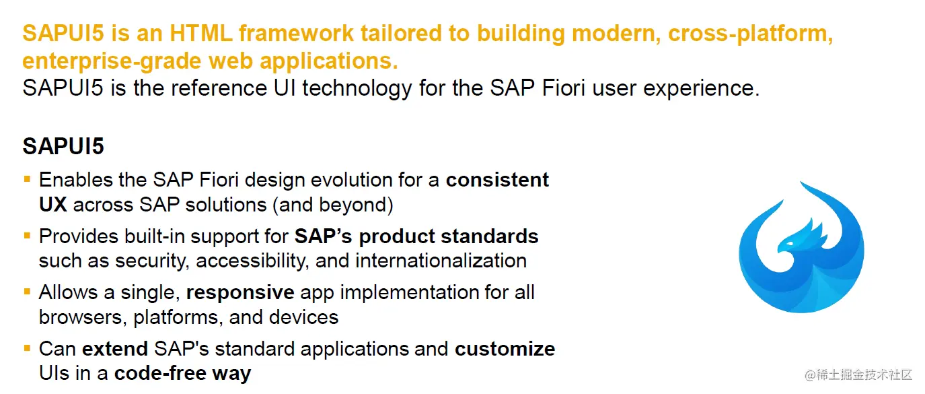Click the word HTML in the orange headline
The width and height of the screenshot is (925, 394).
click(x=200, y=33)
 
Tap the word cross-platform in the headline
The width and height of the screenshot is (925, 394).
click(x=750, y=34)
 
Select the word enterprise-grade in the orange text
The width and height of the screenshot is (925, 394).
click(x=112, y=61)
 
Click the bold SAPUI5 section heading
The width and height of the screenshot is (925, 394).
click(x=63, y=146)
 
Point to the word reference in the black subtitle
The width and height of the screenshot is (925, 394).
click(x=219, y=88)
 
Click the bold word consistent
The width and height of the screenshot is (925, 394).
click(x=497, y=180)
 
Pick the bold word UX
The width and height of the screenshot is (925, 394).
click(x=53, y=205)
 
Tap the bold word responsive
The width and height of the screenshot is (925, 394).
click(x=240, y=293)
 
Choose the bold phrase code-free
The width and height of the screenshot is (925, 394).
click(x=160, y=373)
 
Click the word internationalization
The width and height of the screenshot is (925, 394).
click(x=441, y=261)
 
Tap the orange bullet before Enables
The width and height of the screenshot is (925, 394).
click(x=28, y=179)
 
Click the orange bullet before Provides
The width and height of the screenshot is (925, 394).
click(x=28, y=236)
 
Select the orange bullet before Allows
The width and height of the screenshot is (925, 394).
click(x=28, y=292)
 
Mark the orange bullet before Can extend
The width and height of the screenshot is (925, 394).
click(x=28, y=348)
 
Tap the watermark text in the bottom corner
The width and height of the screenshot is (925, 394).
click(x=858, y=374)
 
